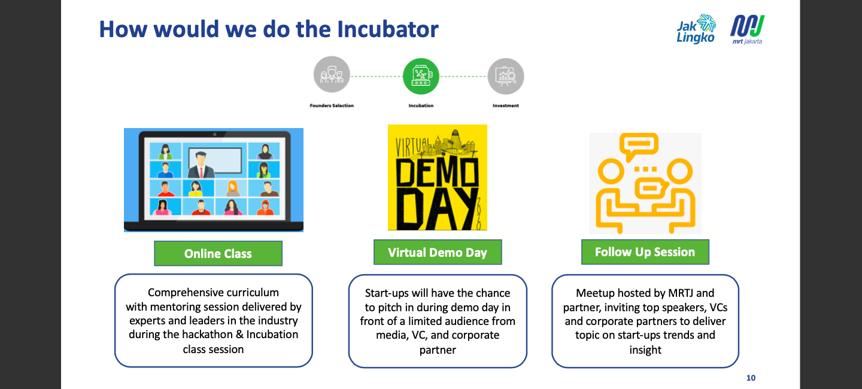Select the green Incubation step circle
tap(421, 76)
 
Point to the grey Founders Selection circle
tap(332, 75)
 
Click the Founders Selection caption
tap(332, 106)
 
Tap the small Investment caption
tap(506, 106)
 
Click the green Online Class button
tap(218, 254)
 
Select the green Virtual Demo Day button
tap(438, 253)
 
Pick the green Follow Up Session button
tap(645, 253)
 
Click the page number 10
tap(751, 378)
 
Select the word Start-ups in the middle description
tap(389, 293)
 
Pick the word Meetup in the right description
tap(596, 293)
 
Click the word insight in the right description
tap(645, 350)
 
